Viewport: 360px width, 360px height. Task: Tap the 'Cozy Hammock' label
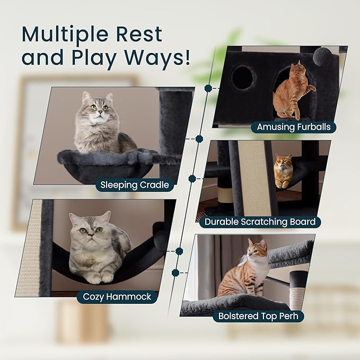117,296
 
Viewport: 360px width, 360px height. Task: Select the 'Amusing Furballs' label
294,127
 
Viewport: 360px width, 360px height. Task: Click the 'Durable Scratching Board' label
260,222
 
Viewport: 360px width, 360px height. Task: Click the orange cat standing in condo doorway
293,91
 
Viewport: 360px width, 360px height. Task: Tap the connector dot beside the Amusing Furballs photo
208,88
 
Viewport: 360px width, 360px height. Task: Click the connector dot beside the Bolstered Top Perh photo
175,273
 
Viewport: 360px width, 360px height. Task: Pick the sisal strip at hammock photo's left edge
29,249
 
